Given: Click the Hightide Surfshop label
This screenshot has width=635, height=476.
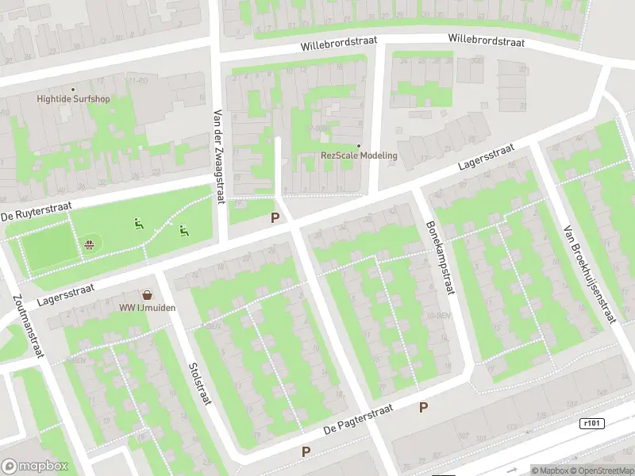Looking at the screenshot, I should click(73, 99).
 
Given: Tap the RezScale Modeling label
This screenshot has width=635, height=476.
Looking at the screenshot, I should click(359, 155).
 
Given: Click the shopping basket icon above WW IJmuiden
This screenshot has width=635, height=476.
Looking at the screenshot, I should click(146, 294).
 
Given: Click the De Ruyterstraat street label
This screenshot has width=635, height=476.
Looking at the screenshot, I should click(36, 211).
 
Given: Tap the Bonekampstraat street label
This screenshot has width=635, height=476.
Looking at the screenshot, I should click(439, 257).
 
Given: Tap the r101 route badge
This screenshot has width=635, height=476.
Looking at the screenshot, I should click(591, 424).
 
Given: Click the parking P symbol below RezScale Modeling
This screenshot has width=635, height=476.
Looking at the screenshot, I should click(275, 217).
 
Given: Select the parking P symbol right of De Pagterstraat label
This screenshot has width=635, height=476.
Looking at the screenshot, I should click(423, 407).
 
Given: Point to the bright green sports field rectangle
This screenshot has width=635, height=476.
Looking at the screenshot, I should click(45, 248).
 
